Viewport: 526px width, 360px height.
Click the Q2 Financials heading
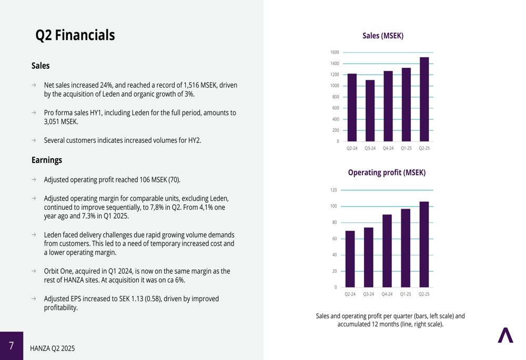(75, 35)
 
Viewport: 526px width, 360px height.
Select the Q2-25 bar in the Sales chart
(424, 99)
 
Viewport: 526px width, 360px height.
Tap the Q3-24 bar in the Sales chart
(370, 110)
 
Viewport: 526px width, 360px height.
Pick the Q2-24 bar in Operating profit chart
(350, 259)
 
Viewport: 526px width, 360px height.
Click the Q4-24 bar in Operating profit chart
(387, 251)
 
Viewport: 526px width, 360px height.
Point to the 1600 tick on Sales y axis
(335, 52)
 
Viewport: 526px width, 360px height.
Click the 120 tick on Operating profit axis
(333, 190)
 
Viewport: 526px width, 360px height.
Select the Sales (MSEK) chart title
(383, 36)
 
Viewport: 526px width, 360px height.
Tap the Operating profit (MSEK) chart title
(387, 172)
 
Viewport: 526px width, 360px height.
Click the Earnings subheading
(47, 160)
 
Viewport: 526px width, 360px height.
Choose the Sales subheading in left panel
(41, 66)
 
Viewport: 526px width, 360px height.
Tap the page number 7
(12, 346)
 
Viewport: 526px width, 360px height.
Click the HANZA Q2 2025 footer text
(52, 348)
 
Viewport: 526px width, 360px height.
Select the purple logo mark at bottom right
(505, 335)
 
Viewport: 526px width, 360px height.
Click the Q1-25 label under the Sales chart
(406, 148)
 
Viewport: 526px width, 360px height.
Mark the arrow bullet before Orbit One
(34, 271)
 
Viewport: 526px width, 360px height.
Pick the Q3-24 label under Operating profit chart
(368, 294)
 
